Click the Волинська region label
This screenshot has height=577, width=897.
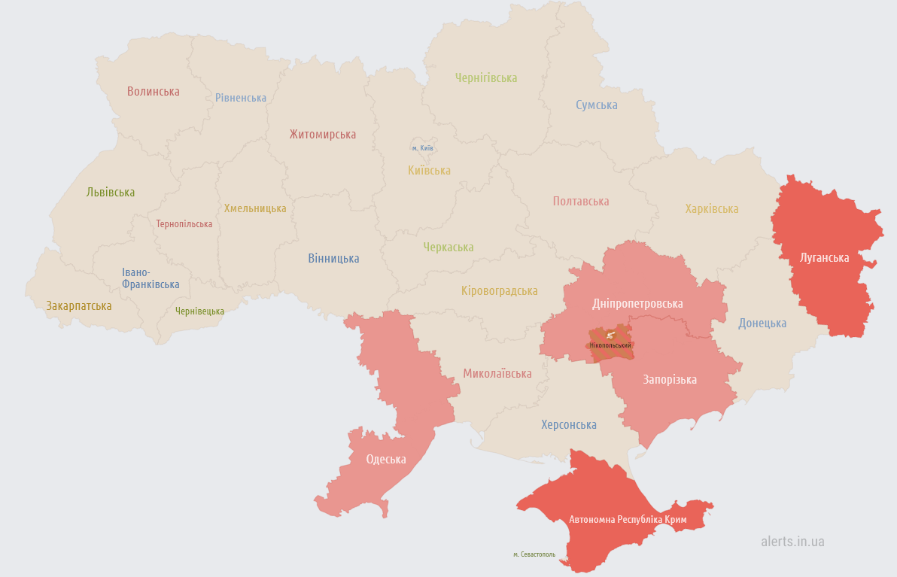[153, 91]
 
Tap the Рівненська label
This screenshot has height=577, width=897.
[241, 98]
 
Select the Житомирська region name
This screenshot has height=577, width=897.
[323, 135]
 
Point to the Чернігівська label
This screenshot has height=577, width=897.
[486, 77]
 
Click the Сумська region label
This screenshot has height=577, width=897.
[597, 105]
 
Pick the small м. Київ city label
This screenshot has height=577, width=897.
[422, 148]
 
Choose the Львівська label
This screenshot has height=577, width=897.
[111, 192]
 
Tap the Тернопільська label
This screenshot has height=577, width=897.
[184, 224]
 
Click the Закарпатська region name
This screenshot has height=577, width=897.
[79, 306]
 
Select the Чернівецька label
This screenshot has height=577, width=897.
[199, 311]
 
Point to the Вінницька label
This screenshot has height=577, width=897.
[333, 258]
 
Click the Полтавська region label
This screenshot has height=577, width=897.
[581, 201]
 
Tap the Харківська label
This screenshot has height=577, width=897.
[712, 208]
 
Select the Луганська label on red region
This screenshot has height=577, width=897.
[825, 258]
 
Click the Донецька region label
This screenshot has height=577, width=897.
[762, 323]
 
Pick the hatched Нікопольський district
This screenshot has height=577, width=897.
[610, 345]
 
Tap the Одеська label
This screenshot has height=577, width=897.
[386, 459]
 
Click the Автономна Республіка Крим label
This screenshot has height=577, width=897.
[628, 519]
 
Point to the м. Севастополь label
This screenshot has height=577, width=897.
[534, 554]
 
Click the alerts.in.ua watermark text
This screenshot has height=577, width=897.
[792, 541]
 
